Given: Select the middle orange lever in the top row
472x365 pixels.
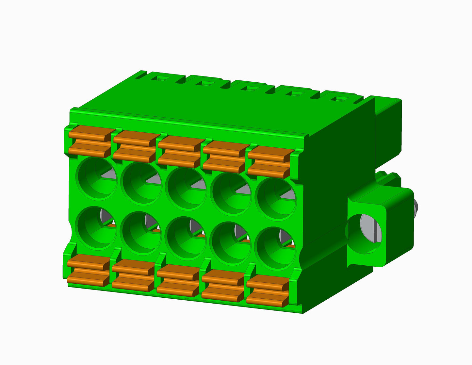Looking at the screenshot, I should (x=180, y=151).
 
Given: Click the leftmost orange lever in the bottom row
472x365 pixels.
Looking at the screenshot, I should (x=89, y=269).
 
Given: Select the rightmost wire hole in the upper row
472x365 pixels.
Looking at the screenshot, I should (x=275, y=200).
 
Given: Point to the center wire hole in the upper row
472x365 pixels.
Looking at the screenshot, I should (x=186, y=189).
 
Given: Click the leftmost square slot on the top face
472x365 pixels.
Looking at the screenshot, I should (x=161, y=78).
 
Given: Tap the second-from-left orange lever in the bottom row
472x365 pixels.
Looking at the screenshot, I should (x=133, y=274).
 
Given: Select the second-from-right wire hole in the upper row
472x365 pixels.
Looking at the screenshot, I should (x=230, y=194).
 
